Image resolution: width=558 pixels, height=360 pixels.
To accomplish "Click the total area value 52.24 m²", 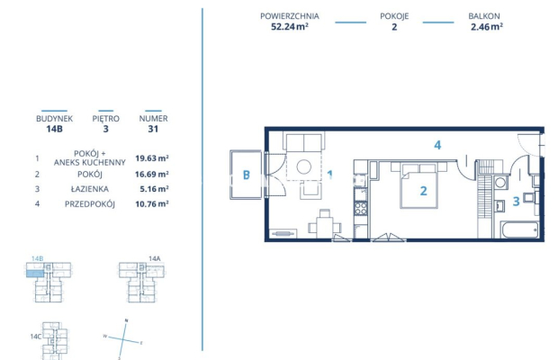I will click(x=289, y=27).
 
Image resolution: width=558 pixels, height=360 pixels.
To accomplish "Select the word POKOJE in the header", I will click(x=392, y=16).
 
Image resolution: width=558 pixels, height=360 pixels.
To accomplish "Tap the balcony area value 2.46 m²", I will click(x=486, y=27).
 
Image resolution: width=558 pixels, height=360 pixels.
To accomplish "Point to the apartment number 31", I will click(x=152, y=129).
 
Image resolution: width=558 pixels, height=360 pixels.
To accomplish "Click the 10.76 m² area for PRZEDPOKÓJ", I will click(x=152, y=204).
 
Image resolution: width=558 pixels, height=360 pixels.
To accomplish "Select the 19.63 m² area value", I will click(x=152, y=157).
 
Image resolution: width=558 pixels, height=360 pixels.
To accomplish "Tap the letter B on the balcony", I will click(x=246, y=175).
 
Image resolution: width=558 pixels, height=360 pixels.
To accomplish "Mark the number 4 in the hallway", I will click(x=436, y=145).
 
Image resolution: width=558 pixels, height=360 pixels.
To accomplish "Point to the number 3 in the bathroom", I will click(x=516, y=202).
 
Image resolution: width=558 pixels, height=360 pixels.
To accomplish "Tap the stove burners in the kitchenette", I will click(x=362, y=209).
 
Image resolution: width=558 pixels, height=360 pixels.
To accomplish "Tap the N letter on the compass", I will click(x=127, y=321).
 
